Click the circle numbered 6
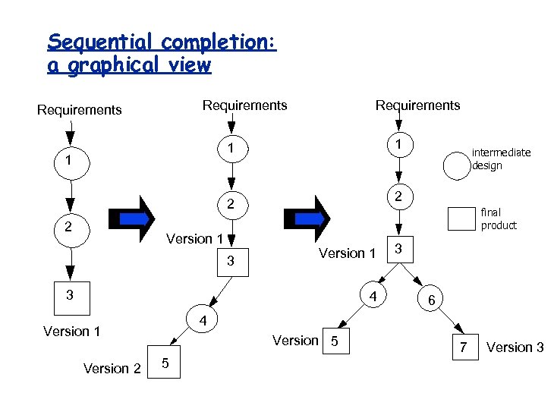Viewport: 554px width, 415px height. point(430,300)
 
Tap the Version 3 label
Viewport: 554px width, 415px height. point(515,347)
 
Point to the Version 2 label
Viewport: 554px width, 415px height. point(112,369)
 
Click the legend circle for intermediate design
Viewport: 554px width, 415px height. point(457,165)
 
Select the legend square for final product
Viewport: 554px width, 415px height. point(461,219)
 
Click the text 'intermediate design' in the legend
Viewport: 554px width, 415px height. point(501,159)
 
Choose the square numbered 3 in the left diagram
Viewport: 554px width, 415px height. point(70,297)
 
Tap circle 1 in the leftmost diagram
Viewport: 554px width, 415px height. point(69,161)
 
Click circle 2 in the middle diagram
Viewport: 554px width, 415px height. point(232,203)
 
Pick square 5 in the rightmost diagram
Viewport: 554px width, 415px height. point(335,343)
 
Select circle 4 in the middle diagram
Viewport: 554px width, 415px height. point(203,320)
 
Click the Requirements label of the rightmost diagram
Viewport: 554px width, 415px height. point(417,105)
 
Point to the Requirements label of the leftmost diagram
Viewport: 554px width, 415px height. point(79,110)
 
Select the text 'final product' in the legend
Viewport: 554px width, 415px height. point(499,219)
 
